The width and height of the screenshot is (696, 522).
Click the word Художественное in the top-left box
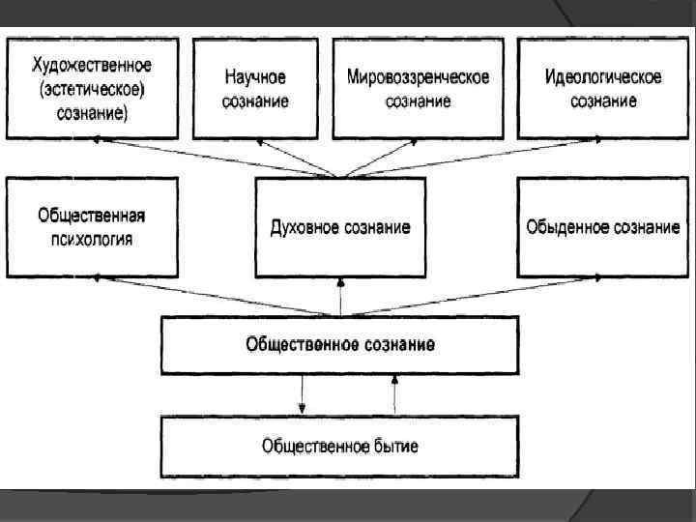(93, 67)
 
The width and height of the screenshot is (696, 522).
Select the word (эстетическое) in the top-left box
(93, 90)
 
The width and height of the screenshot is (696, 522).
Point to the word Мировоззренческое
(418, 76)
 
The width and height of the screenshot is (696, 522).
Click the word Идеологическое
(603, 76)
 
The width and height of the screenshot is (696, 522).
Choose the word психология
(92, 238)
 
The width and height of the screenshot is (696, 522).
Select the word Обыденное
(563, 227)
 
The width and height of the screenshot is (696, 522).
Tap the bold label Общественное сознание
(339, 344)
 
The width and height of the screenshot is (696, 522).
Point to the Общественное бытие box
(339, 446)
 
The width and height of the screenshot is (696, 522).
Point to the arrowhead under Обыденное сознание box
(587, 278)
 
